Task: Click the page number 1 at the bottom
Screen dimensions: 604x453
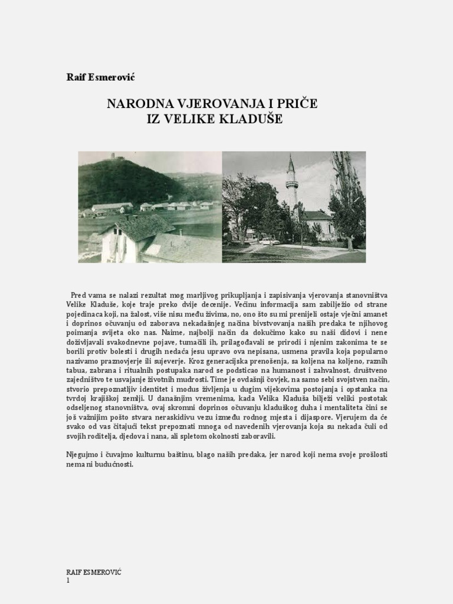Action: click(x=68, y=580)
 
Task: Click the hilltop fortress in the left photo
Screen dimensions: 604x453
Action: click(x=112, y=157)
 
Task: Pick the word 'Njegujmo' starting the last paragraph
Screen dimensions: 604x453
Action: click(x=83, y=455)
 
